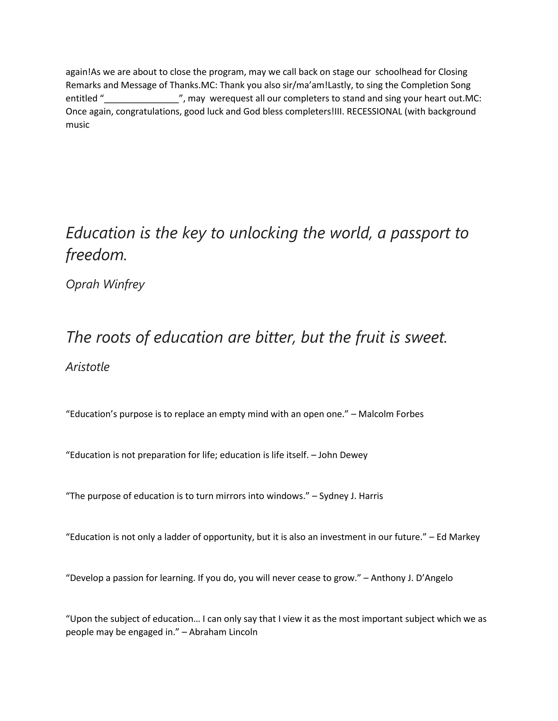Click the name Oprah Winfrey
105,284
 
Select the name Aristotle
88,367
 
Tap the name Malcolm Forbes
391,414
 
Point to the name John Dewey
343,455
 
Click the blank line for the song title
141,99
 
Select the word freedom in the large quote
96,255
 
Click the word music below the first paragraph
78,125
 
